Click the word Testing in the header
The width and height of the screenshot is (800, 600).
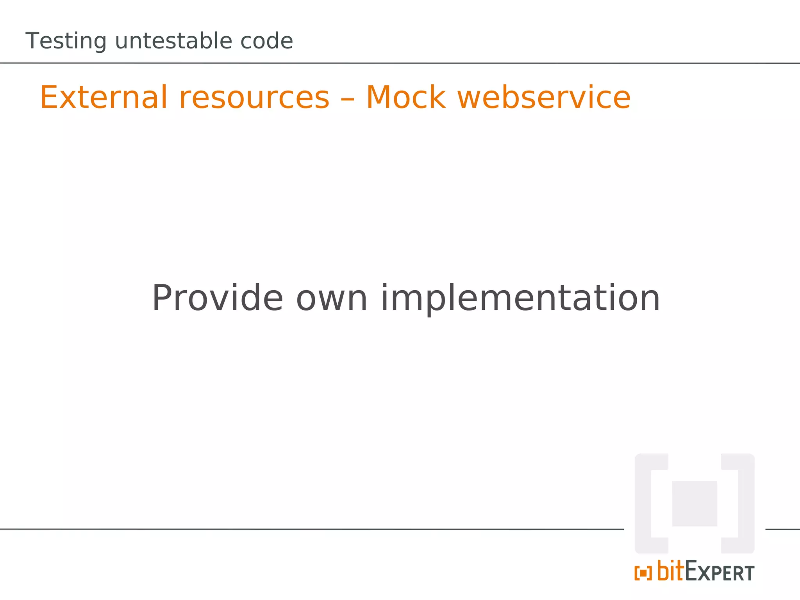pyautogui.click(x=66, y=41)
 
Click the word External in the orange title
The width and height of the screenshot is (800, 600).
pyautogui.click(x=104, y=97)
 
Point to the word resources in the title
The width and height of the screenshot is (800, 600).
pyautogui.click(x=254, y=98)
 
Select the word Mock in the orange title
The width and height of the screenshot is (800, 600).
pyautogui.click(x=406, y=97)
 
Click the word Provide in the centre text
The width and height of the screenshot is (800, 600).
pyautogui.click(x=217, y=298)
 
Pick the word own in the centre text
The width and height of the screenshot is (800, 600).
pyautogui.click(x=332, y=299)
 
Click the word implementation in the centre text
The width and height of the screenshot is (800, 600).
pyautogui.click(x=520, y=299)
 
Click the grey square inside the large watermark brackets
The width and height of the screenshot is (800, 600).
pyautogui.click(x=694, y=504)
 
